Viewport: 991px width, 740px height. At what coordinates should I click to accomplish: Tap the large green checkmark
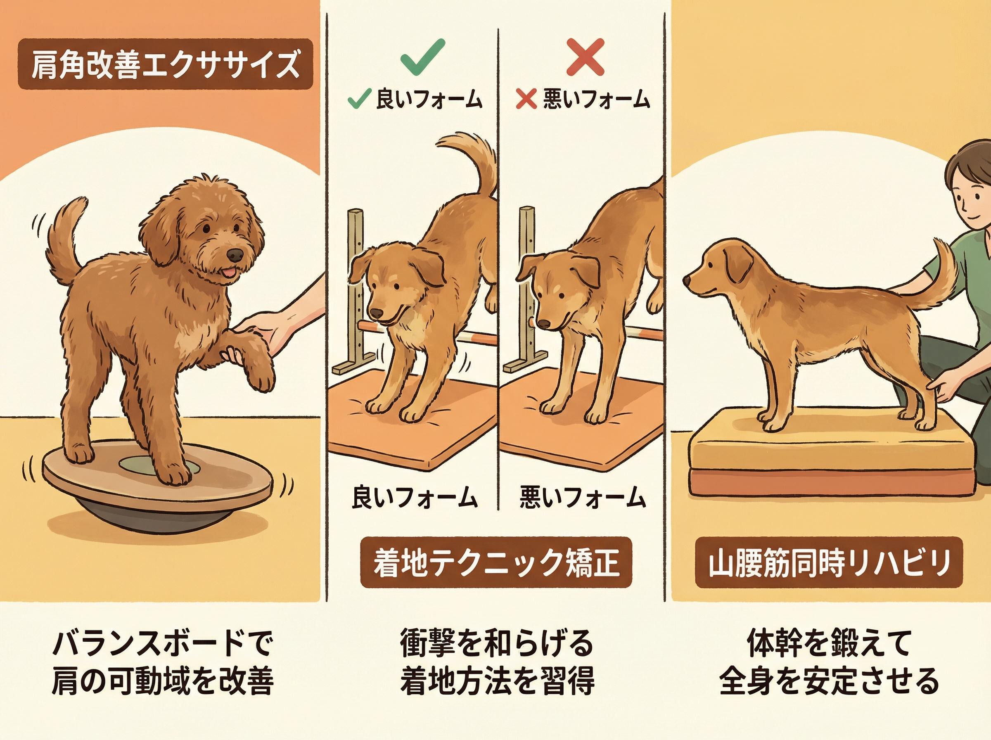[x=422, y=57]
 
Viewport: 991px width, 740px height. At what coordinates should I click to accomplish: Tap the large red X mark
[x=585, y=57]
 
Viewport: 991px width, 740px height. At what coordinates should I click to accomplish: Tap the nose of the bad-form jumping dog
[x=544, y=323]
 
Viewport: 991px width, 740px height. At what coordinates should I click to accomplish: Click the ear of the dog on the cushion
[x=739, y=264]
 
